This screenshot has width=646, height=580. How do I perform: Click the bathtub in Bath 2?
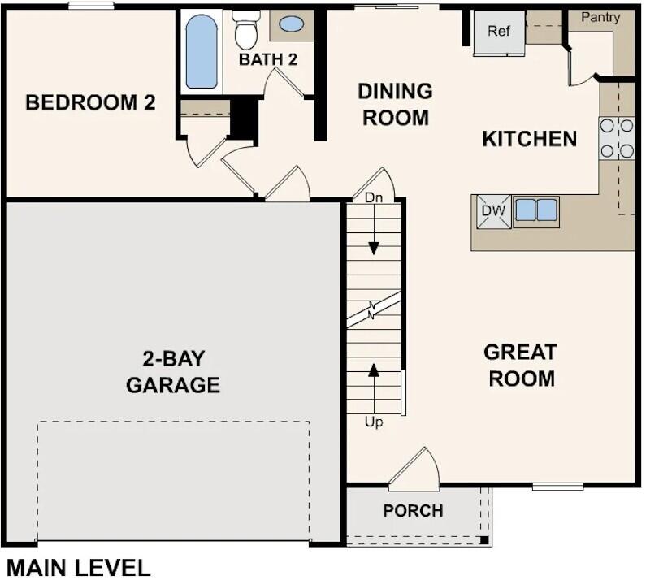coord(202,52)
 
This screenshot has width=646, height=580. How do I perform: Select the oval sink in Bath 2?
coord(291,24)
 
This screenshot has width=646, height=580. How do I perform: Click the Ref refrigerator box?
coord(499,32)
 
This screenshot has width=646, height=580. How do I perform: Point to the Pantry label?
coord(600,17)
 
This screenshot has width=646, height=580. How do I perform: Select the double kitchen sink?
coord(536,210)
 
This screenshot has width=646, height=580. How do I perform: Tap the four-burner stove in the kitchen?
coord(617,138)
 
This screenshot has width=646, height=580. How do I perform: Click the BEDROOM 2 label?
coord(90,103)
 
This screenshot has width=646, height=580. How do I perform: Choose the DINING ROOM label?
coord(395,104)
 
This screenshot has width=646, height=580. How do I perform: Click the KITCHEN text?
coord(530,139)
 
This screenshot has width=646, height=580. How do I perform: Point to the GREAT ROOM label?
coord(520,366)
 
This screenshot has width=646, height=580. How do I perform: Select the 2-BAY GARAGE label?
coord(173,371)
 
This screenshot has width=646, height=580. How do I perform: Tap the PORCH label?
coord(414,511)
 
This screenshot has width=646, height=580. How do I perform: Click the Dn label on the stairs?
coord(374,197)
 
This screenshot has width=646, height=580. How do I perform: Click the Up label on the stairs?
coord(374,422)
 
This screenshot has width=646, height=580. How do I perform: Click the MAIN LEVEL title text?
coord(78,566)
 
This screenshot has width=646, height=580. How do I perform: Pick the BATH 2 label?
coord(268,59)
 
